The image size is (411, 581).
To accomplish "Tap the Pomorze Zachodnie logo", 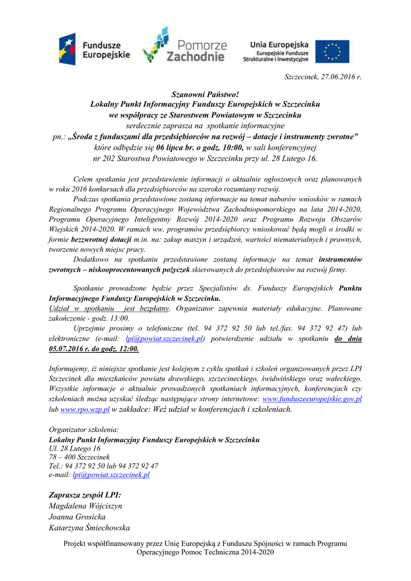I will tap(184, 45).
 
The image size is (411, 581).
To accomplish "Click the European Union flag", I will tap(332, 51).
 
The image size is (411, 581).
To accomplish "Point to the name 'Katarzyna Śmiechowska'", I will tap(90, 528).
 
